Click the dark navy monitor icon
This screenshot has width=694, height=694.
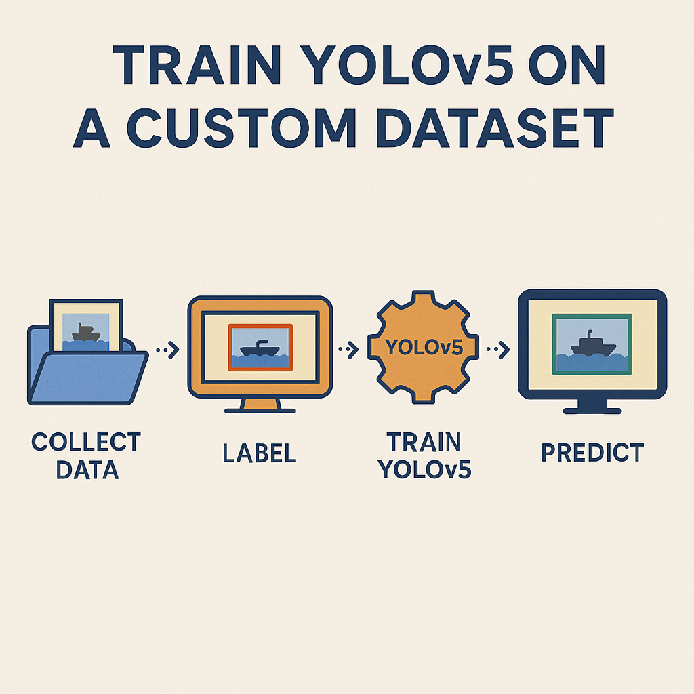pos(592,346)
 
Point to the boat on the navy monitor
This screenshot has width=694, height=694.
pos(592,345)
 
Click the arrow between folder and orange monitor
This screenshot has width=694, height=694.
pos(166,350)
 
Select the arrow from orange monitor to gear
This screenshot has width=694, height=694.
pos(347,350)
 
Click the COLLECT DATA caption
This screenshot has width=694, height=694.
pos(86,455)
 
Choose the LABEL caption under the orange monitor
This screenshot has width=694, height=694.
pos(260,453)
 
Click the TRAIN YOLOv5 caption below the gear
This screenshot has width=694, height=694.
pos(424,455)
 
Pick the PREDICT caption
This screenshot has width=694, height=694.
pos(592,453)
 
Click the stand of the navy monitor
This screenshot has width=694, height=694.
pos(592,405)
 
